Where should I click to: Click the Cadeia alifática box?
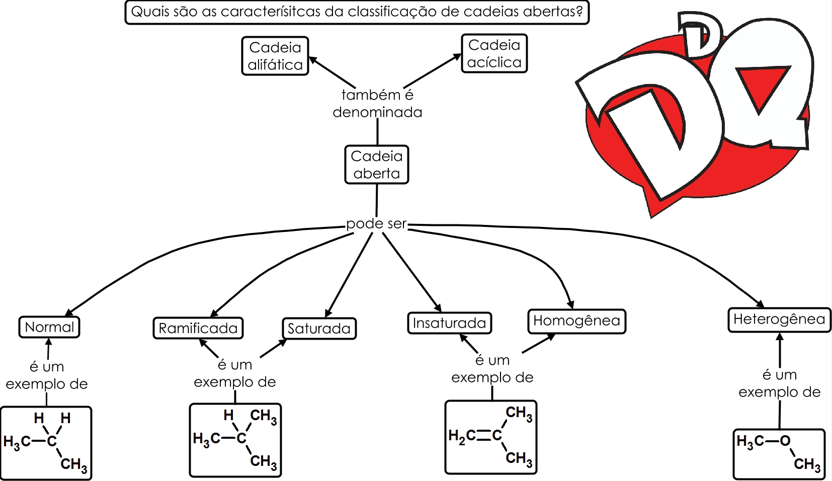pyautogui.click(x=275, y=56)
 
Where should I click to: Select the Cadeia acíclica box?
pyautogui.click(x=494, y=53)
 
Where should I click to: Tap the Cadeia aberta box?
pyautogui.click(x=377, y=165)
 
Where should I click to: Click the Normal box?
pyautogui.click(x=49, y=327)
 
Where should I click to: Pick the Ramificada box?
pyautogui.click(x=198, y=328)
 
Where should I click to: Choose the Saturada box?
pyautogui.click(x=319, y=329)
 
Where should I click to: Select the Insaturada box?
pyautogui.click(x=449, y=323)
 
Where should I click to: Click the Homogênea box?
pyautogui.click(x=576, y=321)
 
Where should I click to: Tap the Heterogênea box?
pyautogui.click(x=779, y=319)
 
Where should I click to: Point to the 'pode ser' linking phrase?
pyautogui.click(x=376, y=224)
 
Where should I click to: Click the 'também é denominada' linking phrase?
pyautogui.click(x=377, y=104)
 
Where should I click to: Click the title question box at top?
pyautogui.click(x=357, y=12)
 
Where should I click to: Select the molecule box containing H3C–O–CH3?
pyautogui.click(x=779, y=454)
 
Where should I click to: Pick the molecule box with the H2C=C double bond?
pyautogui.click(x=491, y=437)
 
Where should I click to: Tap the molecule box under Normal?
pyautogui.click(x=46, y=443)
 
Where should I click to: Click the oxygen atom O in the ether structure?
pyautogui.click(x=785, y=441)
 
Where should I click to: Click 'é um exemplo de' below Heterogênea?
pyautogui.click(x=779, y=383)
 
